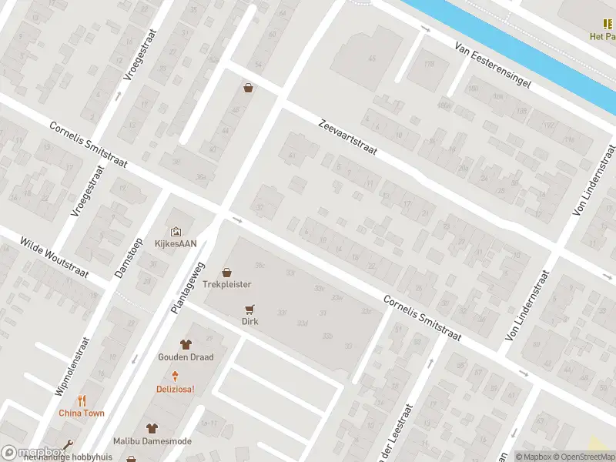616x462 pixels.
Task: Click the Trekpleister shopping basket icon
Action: pos(226,272)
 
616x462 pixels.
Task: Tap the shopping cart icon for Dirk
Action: pos(249,309)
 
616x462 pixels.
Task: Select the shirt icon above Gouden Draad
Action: pos(186,344)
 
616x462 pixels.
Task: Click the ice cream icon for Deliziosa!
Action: pos(176,376)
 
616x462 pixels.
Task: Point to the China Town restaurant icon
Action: pos(82,400)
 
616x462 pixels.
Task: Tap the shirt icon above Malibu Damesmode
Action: pos(152,428)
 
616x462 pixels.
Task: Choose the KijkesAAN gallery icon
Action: pos(176,230)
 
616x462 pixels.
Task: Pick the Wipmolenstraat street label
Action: pos(70,367)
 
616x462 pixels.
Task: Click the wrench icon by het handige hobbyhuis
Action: pos(69,445)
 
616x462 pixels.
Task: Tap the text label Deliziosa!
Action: pos(176,389)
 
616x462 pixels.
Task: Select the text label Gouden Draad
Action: pos(186,357)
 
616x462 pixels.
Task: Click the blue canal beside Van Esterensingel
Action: pos(500,46)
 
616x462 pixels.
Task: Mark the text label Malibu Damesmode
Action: pos(152,441)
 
